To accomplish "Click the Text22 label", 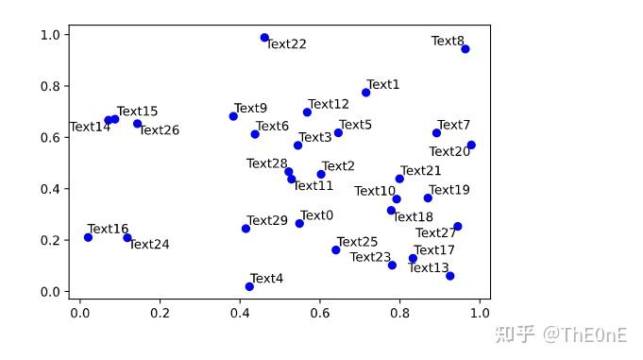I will pyautogui.click(x=286, y=44).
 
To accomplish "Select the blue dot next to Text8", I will pyautogui.click(x=465, y=49).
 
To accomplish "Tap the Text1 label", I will pyautogui.click(x=382, y=85).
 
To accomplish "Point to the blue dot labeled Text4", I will pyautogui.click(x=249, y=286).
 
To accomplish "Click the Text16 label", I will pyautogui.click(x=108, y=230).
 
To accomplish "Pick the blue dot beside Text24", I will pyautogui.click(x=127, y=238).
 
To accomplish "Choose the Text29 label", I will pyautogui.click(x=267, y=221).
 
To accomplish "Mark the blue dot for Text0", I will pyautogui.click(x=299, y=224).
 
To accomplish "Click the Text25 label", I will pyautogui.click(x=357, y=243).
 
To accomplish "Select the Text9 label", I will pyautogui.click(x=250, y=109).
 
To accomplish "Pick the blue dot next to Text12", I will pyautogui.click(x=307, y=112).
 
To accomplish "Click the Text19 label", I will pyautogui.click(x=448, y=190).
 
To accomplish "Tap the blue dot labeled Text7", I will pyautogui.click(x=436, y=133).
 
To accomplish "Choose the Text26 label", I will pyautogui.click(x=159, y=130).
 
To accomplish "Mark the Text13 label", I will pyautogui.click(x=428, y=268).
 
